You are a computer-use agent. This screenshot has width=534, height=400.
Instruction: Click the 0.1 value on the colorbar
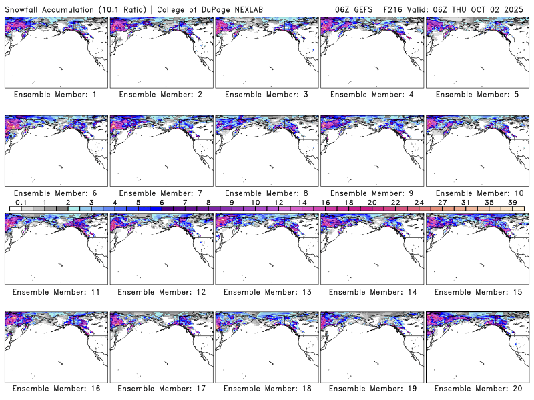[x=21, y=202]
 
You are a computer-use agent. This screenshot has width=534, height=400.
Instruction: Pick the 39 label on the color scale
[x=512, y=202]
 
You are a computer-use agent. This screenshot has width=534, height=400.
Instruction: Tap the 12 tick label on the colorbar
[x=278, y=202]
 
